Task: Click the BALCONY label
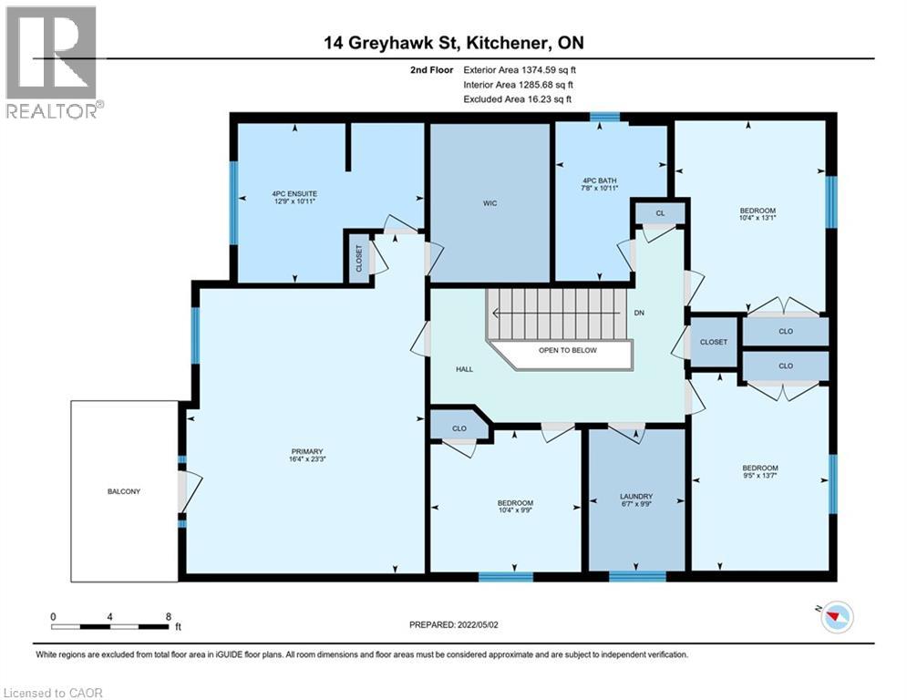tap(124, 491)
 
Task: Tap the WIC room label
tap(490, 203)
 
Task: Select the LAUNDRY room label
tap(636, 497)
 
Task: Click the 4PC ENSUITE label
tap(294, 194)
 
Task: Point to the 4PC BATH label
tap(599, 180)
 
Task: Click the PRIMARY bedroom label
tap(307, 451)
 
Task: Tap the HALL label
tap(465, 369)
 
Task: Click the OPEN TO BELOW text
tap(568, 350)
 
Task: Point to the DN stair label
tap(639, 313)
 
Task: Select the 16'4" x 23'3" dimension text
tap(307, 459)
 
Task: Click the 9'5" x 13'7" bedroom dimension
tap(760, 476)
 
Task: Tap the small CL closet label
tap(661, 213)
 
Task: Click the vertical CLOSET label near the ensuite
tap(358, 258)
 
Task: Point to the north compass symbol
tap(837, 616)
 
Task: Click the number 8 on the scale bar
tap(169, 617)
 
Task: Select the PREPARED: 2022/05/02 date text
tap(454, 624)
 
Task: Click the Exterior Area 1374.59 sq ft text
tap(520, 70)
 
